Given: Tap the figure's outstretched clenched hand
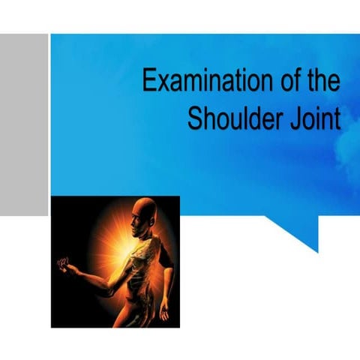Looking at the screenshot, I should tap(64, 265).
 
